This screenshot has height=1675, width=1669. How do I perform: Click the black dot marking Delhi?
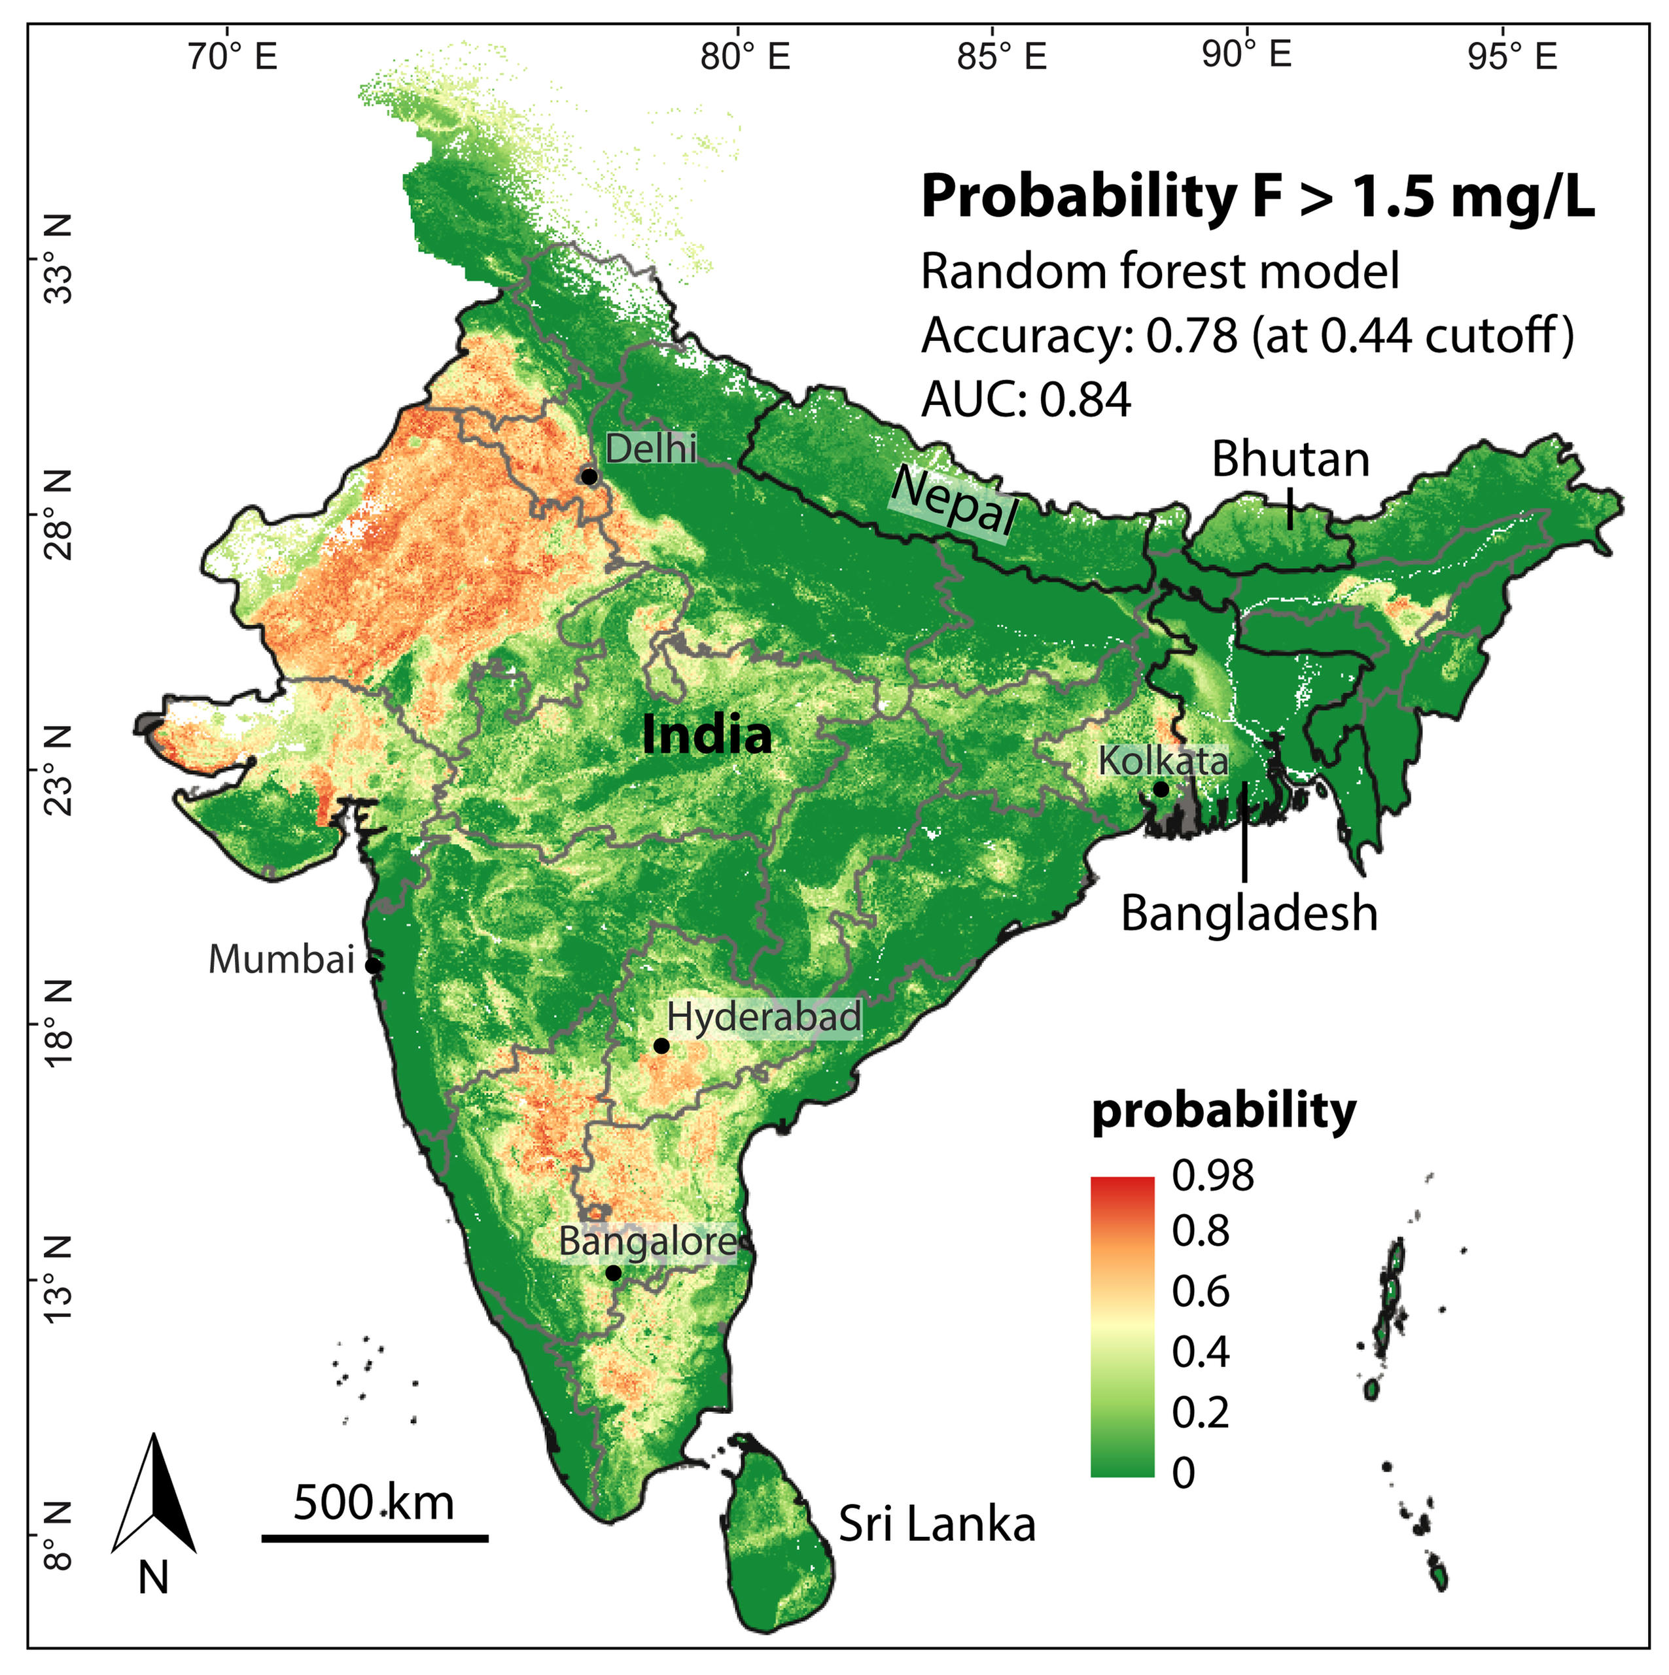[589, 477]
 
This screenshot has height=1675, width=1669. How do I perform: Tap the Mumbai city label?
[282, 960]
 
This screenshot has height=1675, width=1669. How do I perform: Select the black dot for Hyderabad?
[661, 1046]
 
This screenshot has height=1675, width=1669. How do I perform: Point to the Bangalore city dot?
[614, 1273]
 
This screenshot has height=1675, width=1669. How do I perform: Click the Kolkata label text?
[1163, 761]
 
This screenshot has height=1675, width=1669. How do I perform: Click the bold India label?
[707, 735]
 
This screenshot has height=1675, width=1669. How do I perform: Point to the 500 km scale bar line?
[374, 1539]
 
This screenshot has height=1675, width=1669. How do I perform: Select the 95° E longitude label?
[1513, 57]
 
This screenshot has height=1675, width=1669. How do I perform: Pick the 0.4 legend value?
[1201, 1352]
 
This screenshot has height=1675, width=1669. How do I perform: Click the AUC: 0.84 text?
[1026, 400]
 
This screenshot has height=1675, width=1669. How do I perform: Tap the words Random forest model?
[1159, 272]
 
